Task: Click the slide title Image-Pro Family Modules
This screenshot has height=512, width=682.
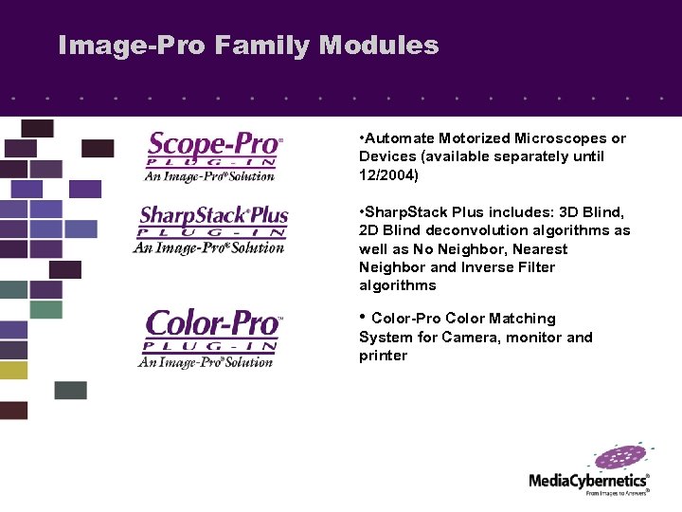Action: coord(248,46)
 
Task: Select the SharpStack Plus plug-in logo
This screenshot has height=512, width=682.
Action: coord(212,229)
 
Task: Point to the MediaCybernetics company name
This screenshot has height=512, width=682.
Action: coord(588,481)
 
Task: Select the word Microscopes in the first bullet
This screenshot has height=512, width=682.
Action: coord(563,138)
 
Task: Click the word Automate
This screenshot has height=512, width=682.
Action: coord(398,138)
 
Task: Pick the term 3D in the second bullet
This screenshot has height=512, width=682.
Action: coord(548,211)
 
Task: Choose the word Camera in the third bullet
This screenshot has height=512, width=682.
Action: coord(471,338)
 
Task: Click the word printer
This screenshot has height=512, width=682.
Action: coord(383,356)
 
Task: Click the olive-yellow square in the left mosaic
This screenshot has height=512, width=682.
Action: coord(13,370)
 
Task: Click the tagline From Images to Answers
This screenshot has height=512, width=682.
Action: coord(617,494)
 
